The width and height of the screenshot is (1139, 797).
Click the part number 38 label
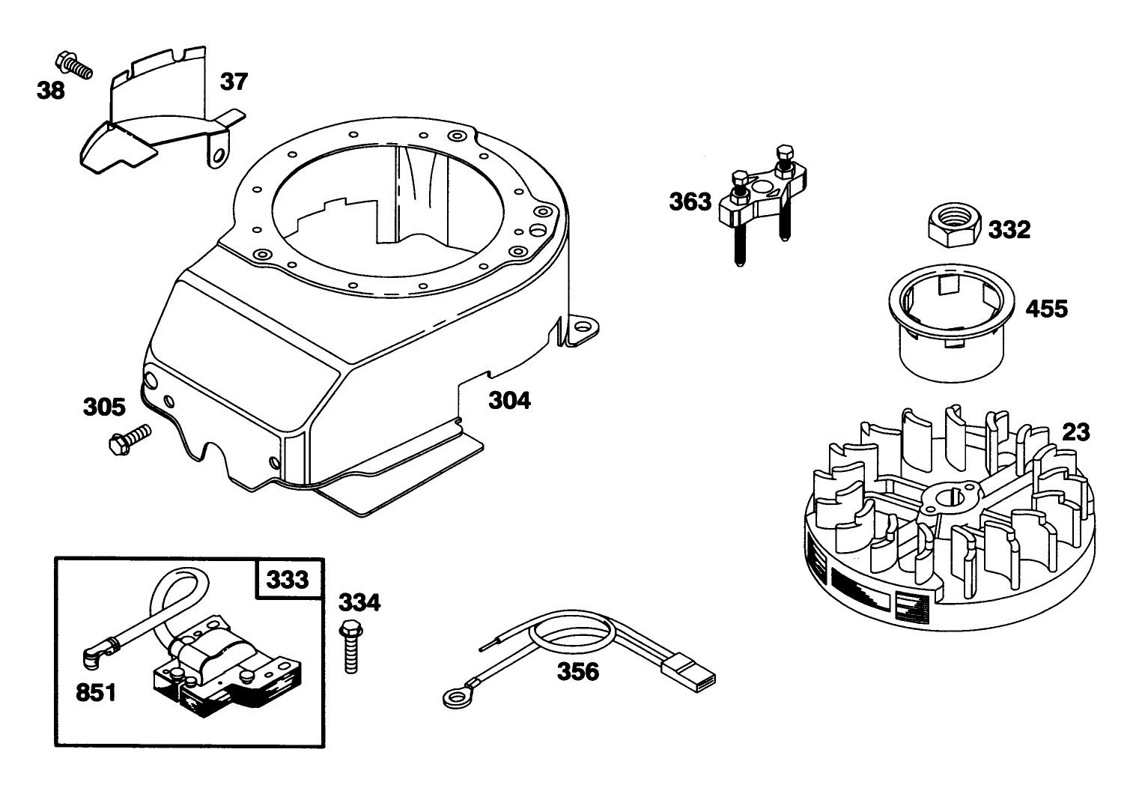[51, 91]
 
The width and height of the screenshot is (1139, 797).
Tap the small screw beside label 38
[73, 66]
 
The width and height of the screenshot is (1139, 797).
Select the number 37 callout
[234, 82]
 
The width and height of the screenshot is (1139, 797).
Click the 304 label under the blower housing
[509, 401]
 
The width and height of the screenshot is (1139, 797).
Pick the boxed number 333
[288, 580]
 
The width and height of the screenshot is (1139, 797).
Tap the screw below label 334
[350, 646]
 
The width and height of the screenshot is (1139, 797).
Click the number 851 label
[96, 693]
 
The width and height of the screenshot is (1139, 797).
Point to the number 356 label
[578, 672]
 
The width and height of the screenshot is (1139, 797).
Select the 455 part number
[1046, 309]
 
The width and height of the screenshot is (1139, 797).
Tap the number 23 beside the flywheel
[1076, 432]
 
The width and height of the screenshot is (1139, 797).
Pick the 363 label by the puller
[690, 202]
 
